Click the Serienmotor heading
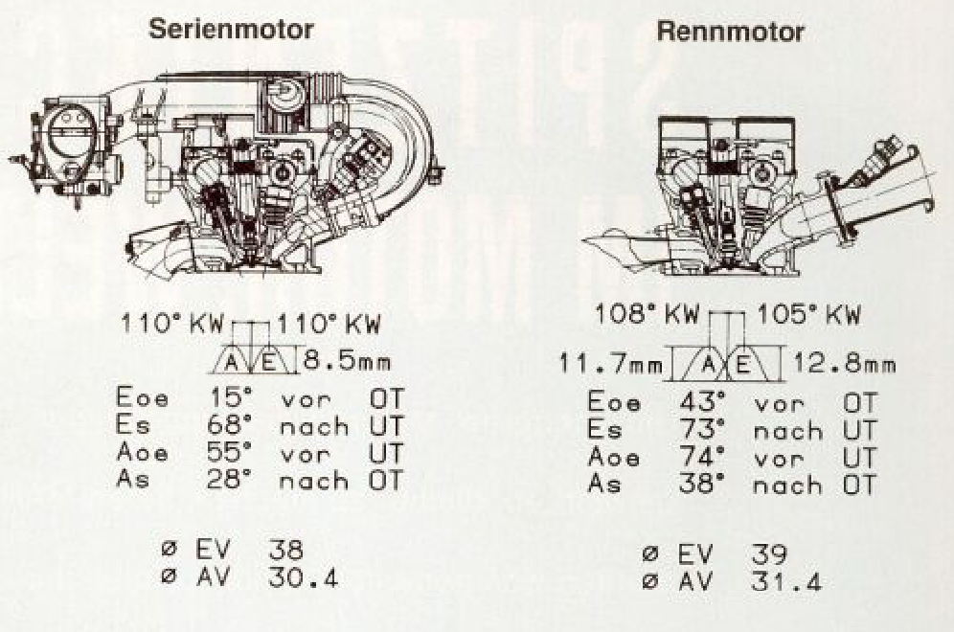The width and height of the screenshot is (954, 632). click(231, 29)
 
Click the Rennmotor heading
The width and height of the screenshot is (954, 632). click(731, 32)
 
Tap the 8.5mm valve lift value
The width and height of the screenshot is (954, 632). click(346, 362)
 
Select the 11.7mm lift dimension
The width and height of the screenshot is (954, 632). click(611, 365)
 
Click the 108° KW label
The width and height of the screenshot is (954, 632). click(647, 314)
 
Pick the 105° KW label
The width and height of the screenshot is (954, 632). click(809, 314)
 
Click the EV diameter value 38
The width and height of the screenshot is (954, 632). click(285, 550)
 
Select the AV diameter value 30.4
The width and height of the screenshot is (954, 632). click(303, 577)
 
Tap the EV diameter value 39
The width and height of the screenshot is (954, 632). click(769, 554)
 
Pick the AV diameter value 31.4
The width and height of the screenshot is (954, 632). click(786, 582)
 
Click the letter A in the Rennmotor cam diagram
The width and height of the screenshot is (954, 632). click(708, 365)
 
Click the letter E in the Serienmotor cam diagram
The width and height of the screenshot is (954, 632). click(270, 363)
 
